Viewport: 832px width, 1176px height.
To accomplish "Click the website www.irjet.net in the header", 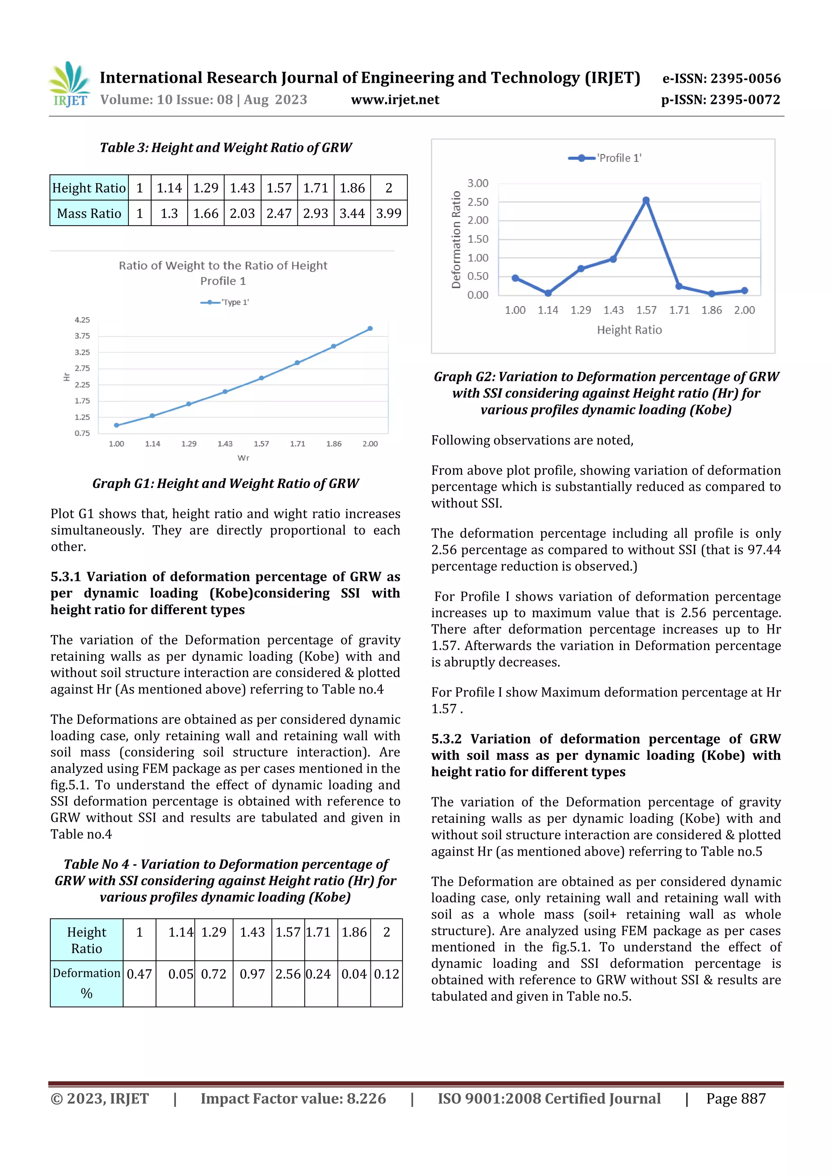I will tap(395, 100).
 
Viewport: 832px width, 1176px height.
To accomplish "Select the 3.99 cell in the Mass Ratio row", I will tap(388, 214).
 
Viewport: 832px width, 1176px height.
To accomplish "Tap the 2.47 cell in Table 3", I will tap(279, 214).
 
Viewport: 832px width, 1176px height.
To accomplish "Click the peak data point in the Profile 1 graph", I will tap(646, 200).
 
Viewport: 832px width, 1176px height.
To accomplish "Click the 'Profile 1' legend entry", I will tap(605, 158).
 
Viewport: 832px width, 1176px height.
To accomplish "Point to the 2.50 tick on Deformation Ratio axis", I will tap(478, 202).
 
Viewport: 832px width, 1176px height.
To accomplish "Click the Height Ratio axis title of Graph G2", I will tap(629, 330).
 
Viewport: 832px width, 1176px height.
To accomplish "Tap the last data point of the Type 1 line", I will tap(370, 329).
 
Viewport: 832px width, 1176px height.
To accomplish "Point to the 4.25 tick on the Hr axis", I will tap(82, 319).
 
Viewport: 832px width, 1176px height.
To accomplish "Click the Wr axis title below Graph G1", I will tap(243, 458).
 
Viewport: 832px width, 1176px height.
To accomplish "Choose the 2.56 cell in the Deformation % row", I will tap(288, 974).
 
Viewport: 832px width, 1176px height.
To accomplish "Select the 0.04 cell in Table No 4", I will tap(354, 974).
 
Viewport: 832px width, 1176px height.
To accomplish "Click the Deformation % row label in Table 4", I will tap(87, 982).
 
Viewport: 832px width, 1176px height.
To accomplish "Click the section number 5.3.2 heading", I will tap(446, 739).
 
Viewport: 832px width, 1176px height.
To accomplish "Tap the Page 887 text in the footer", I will tap(736, 1098).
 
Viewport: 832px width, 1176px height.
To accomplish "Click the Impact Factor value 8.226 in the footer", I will tap(293, 1098).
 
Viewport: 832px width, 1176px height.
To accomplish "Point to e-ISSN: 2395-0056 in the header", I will tap(721, 78).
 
